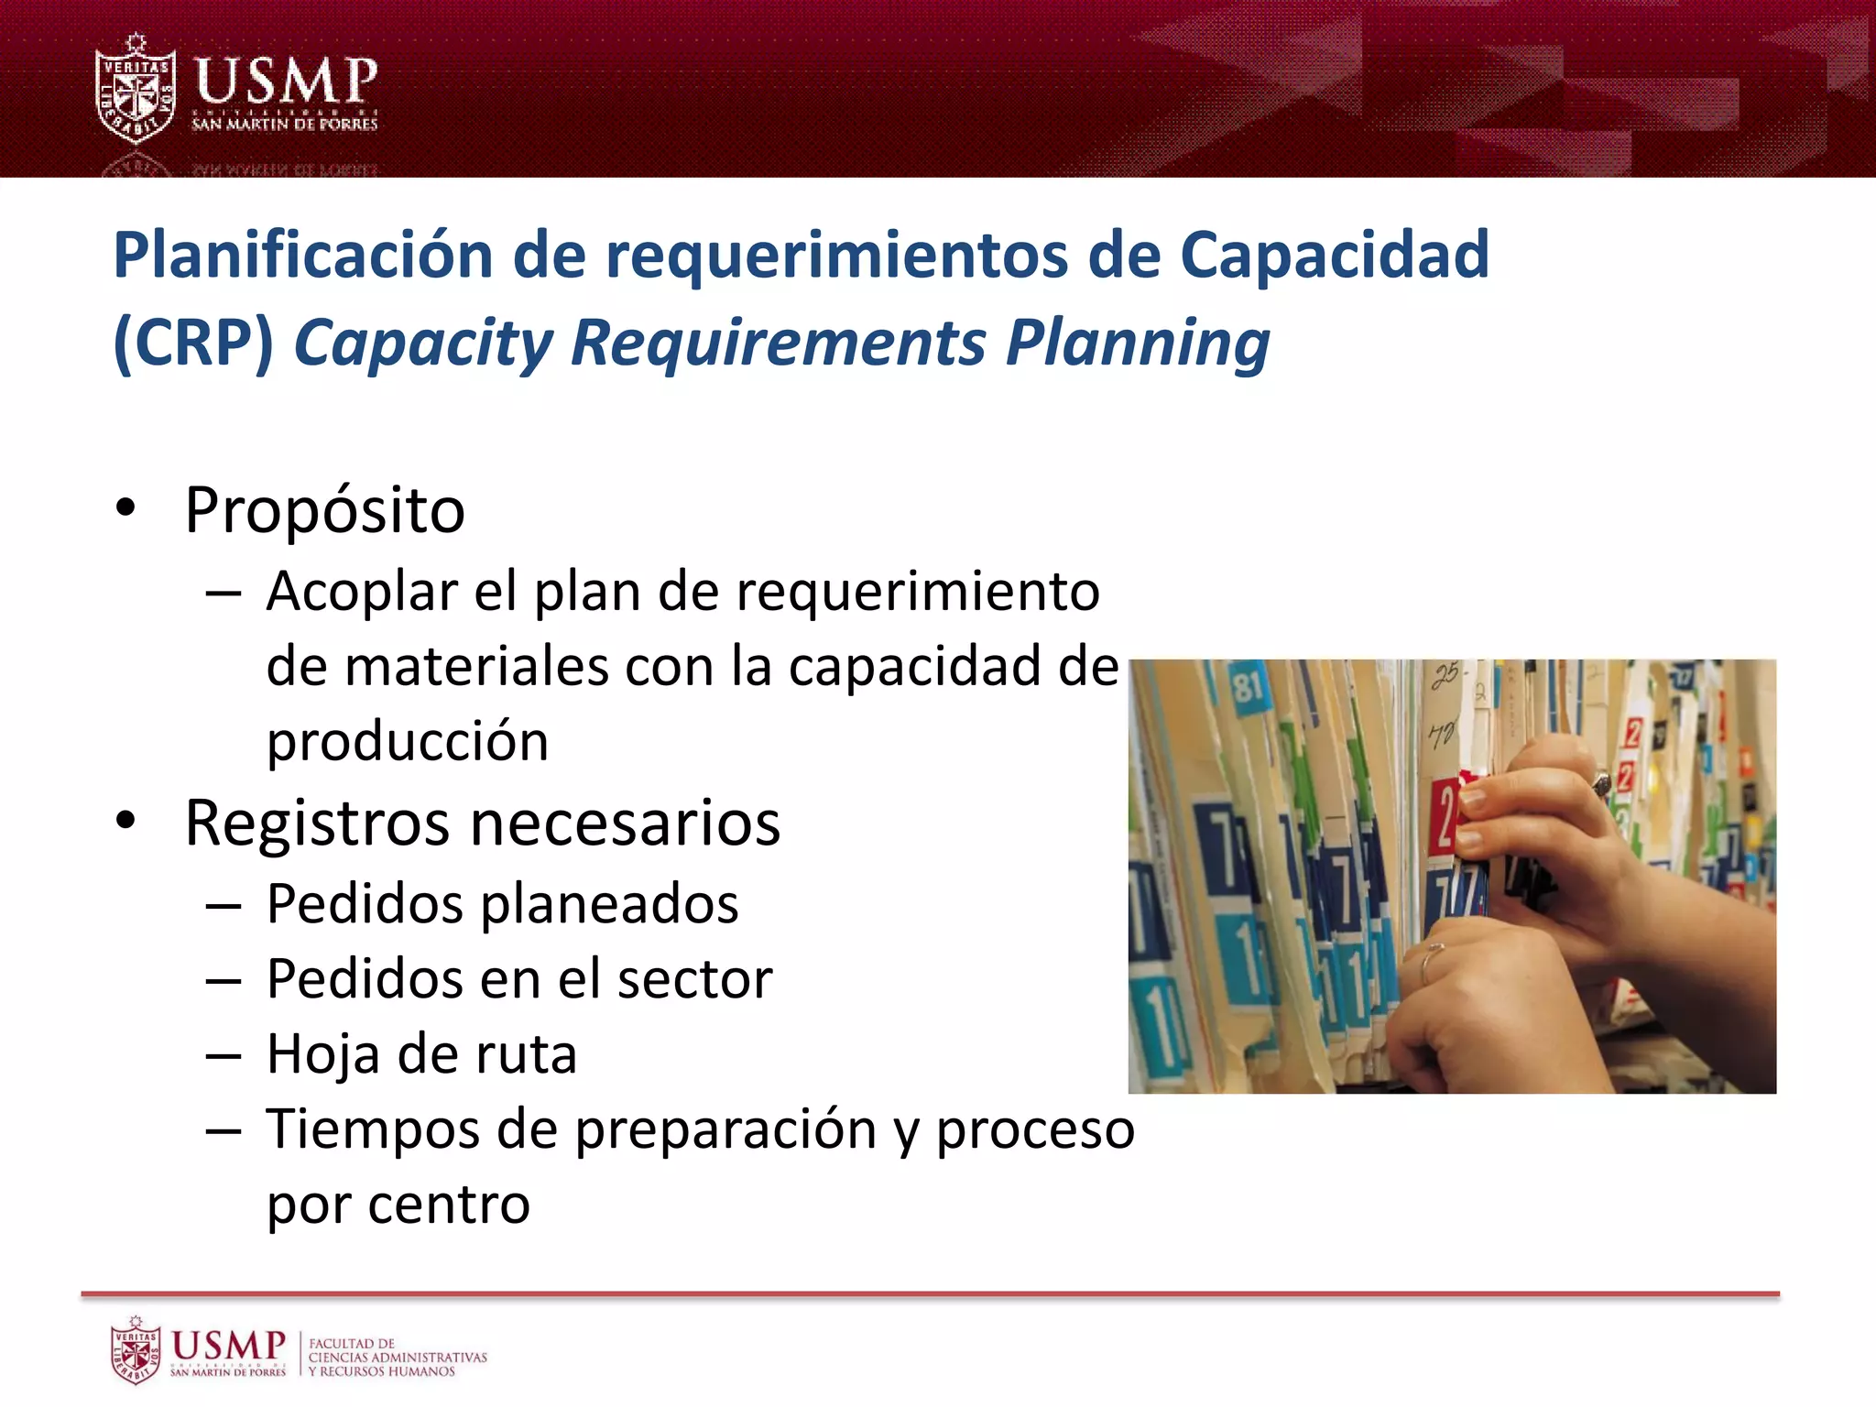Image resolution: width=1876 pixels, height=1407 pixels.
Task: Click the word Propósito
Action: (x=325, y=510)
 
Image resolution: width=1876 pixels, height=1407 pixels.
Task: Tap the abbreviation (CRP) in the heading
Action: (x=193, y=344)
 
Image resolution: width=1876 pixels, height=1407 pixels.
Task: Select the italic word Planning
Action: (x=1138, y=344)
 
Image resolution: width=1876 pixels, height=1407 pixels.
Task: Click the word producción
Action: (x=408, y=741)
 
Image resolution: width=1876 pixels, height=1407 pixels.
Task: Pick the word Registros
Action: (x=317, y=823)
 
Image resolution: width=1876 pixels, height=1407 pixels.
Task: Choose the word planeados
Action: (x=609, y=905)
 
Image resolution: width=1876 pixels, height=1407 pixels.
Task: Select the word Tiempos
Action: (x=372, y=1129)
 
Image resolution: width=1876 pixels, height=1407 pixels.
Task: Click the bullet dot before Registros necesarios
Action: (x=126, y=821)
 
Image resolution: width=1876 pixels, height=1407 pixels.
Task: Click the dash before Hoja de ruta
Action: (x=224, y=1056)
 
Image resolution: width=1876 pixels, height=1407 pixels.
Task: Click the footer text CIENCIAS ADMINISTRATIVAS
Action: (x=398, y=1358)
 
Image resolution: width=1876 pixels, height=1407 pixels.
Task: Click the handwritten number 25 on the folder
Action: (x=1445, y=676)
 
